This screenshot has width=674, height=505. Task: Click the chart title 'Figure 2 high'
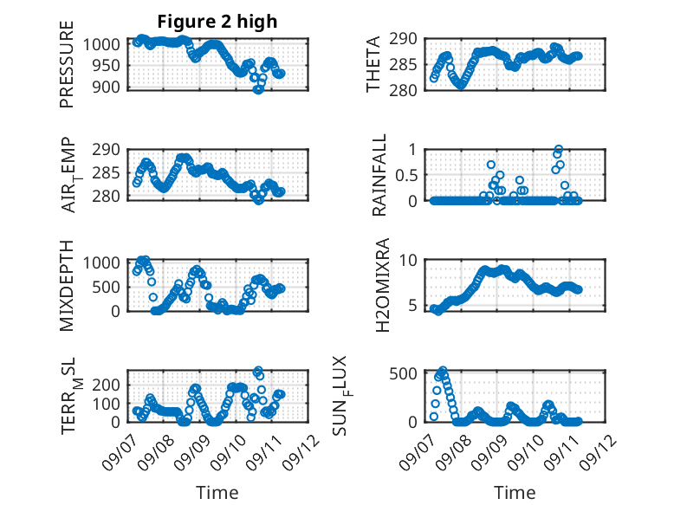click(217, 22)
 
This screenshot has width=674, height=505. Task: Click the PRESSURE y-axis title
click(67, 64)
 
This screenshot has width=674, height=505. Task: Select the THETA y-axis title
click(373, 64)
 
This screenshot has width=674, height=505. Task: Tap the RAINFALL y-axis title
click(379, 175)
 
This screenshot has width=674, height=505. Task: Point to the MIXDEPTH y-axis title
click(67, 285)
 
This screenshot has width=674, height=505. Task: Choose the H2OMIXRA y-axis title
click(383, 285)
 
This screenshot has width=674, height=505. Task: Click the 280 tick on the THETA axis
click(403, 90)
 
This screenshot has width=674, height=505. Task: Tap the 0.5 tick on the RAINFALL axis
click(405, 175)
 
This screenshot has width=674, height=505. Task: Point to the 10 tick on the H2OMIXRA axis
click(408, 260)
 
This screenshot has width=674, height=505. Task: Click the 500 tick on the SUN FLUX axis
click(403, 373)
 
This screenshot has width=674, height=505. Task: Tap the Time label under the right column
click(515, 492)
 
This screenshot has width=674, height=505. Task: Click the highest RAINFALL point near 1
click(559, 149)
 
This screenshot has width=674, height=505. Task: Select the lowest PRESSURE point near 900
click(258, 89)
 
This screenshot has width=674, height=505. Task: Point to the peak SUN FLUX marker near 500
click(443, 370)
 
